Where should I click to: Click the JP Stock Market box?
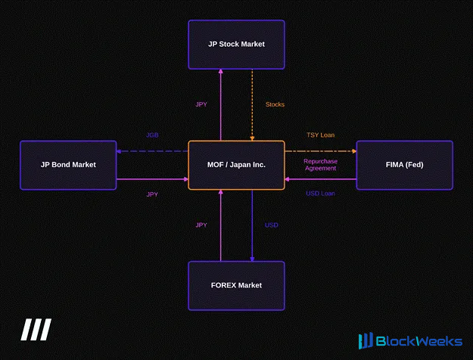pos(236,45)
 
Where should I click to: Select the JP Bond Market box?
pos(68,165)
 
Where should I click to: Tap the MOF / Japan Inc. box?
pos(236,165)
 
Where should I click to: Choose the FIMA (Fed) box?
pos(405,165)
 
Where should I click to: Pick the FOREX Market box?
pos(236,286)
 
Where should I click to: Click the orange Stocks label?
pos(275,104)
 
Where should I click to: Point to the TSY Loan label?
pos(320,135)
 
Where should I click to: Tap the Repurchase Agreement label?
pos(320,165)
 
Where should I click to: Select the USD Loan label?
pos(320,194)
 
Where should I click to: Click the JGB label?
pos(152,135)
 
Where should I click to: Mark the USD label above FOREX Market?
pos(271,225)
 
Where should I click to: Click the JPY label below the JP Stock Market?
pos(201,104)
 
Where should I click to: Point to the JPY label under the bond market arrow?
pos(152,194)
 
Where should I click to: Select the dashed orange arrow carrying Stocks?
pos(252,105)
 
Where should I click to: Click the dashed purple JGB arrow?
pos(152,151)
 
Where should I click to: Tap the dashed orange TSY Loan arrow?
pos(321,151)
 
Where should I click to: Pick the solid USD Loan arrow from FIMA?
pos(321,179)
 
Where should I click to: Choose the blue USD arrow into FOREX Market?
pos(252,225)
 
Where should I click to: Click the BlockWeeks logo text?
pos(419,341)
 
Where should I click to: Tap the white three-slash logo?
pos(36,330)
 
